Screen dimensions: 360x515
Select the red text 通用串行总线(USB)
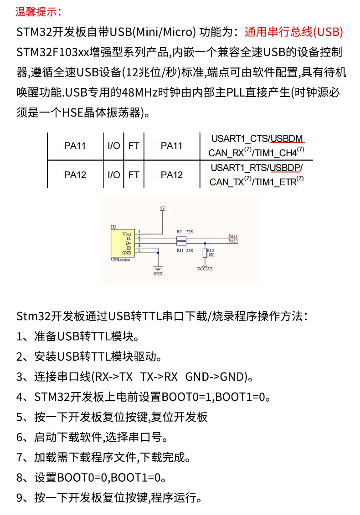pos(293,32)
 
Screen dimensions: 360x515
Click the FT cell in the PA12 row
pos(134,174)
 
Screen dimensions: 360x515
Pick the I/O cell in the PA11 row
pos(114,146)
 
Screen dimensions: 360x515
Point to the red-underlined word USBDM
pos(287,138)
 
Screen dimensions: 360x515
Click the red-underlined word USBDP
pos(285,168)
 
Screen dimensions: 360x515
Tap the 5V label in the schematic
pos(163,208)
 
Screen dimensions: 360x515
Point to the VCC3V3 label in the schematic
pos(205,269)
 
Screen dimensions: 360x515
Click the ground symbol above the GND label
pos(158,268)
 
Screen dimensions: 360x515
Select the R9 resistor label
pos(179,232)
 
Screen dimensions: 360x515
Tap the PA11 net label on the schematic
pos(232,236)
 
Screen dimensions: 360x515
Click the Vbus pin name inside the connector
pos(127,234)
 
